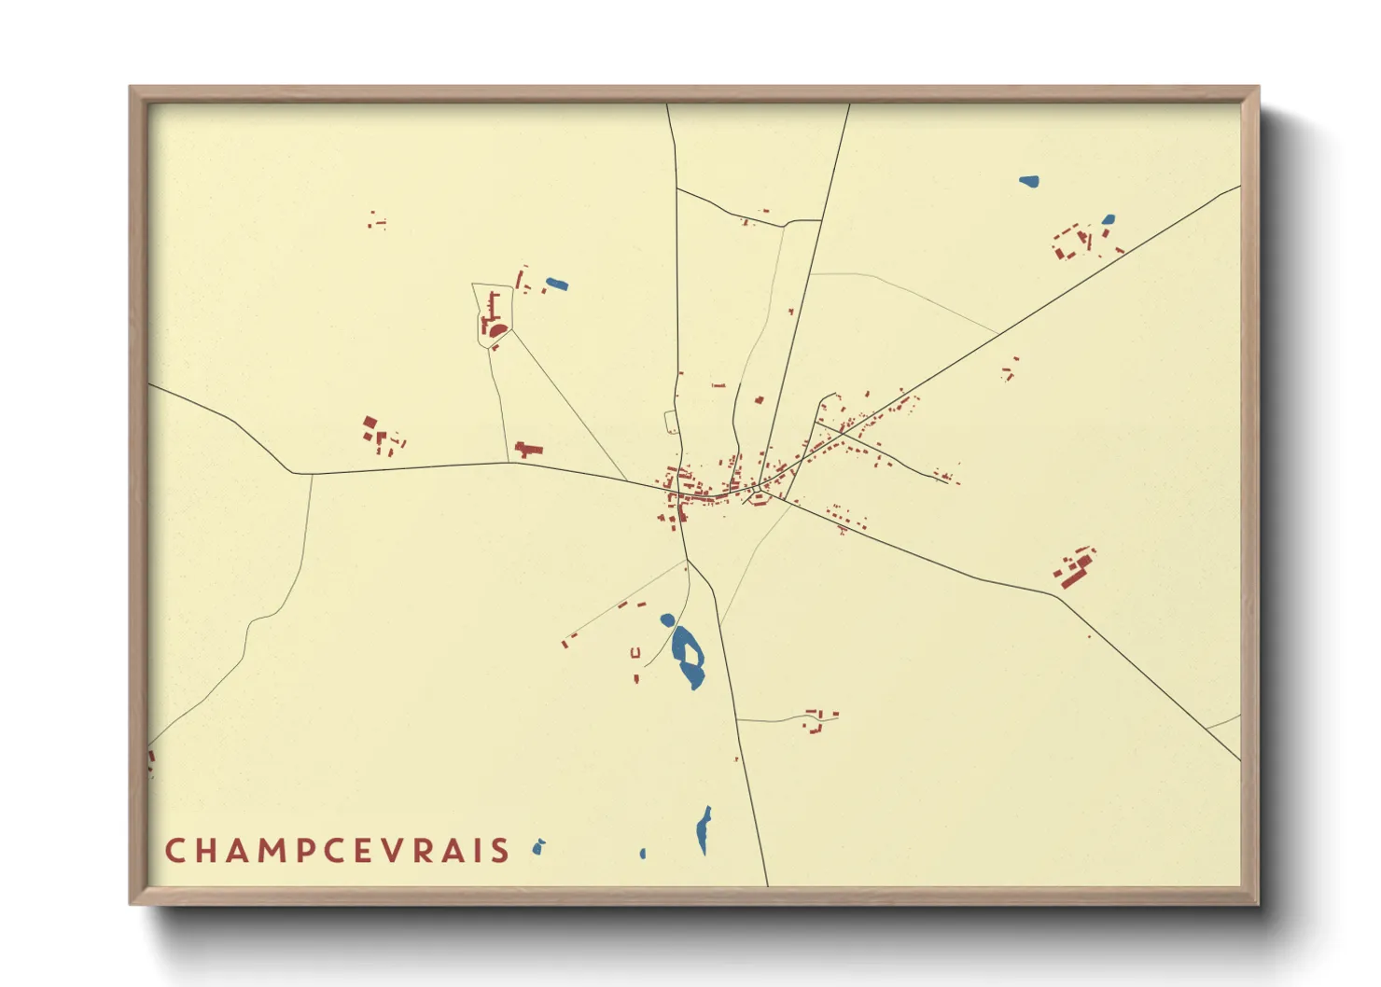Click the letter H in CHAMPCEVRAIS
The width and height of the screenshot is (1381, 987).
(207, 851)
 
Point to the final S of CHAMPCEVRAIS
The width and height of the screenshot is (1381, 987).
(501, 851)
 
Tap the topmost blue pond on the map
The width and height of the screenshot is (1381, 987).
(1028, 181)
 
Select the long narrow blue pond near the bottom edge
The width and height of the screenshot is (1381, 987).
(704, 830)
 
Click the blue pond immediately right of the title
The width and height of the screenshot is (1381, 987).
(538, 847)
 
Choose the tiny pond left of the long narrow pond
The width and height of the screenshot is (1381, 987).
(642, 854)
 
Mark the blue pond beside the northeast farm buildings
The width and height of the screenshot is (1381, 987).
(1108, 220)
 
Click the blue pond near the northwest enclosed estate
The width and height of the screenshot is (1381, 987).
(556, 284)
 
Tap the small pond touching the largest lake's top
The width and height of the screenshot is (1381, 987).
(667, 619)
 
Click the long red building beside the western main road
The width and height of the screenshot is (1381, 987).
(529, 450)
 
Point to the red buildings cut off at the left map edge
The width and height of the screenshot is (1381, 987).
(150, 759)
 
